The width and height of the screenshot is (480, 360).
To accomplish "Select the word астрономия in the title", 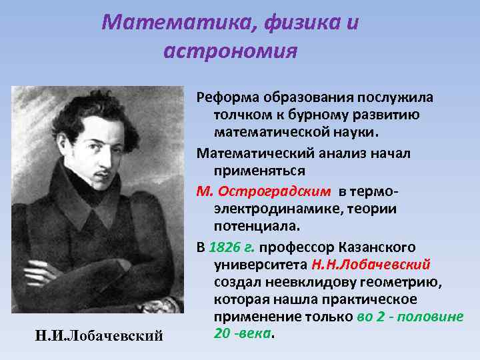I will [x=229, y=51].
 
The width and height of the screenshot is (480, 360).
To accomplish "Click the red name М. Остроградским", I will [x=263, y=191].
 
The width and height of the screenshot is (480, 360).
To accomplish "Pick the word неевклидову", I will [x=319, y=281].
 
